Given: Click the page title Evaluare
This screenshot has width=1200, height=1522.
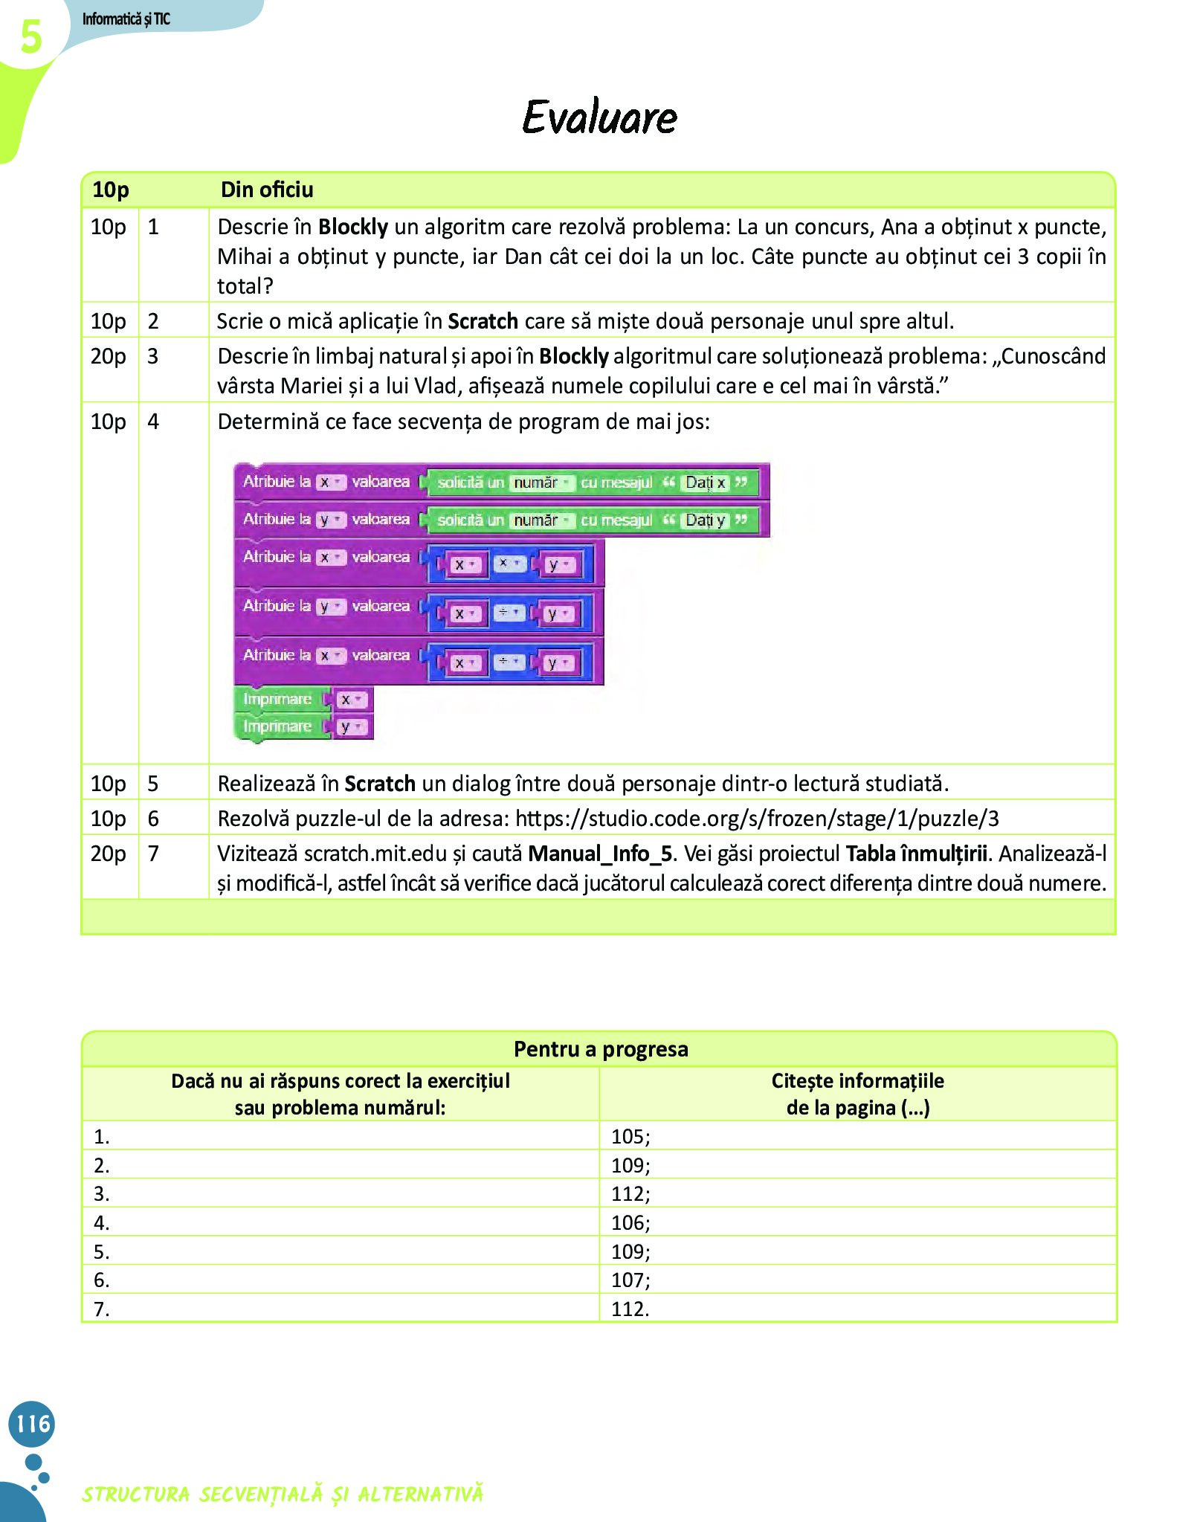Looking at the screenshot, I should (x=599, y=117).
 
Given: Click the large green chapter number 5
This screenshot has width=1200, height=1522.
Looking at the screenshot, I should (x=30, y=37).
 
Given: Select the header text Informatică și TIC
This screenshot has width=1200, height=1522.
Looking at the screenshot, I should (x=126, y=19).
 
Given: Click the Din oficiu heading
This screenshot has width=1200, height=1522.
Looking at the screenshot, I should (x=267, y=190).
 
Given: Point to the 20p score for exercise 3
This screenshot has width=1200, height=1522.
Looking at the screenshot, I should (x=109, y=356).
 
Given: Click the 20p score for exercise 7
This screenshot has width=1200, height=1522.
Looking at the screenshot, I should (x=109, y=854).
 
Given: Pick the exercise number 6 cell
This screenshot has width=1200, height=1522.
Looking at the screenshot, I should (x=154, y=819).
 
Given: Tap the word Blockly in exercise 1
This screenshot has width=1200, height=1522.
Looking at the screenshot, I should (x=353, y=227).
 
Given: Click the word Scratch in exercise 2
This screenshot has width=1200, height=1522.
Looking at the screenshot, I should (x=483, y=321).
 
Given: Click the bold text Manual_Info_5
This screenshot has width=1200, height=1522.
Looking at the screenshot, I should (x=599, y=854).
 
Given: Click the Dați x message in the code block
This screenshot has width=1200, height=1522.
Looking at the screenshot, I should (x=704, y=483).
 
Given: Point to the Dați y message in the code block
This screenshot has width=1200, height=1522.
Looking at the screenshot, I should (x=704, y=520).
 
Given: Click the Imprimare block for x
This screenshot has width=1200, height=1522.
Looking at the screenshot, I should (x=277, y=699).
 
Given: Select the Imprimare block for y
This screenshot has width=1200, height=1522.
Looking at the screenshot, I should (x=277, y=726).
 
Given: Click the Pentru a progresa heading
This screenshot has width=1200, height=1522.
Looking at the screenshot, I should (x=601, y=1049).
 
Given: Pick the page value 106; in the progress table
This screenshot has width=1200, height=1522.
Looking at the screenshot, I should (x=630, y=1222).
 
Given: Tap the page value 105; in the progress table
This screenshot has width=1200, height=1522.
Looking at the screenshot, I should (x=630, y=1136).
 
